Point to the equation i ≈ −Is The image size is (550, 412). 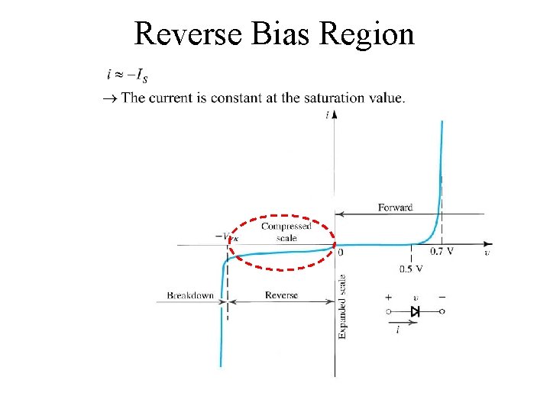[127, 75]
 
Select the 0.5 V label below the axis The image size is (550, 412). [411, 269]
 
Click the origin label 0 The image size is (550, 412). [340, 253]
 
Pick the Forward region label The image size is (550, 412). [395, 208]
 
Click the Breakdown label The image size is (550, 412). [190, 295]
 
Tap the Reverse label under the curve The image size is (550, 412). [281, 295]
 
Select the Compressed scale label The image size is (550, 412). [286, 232]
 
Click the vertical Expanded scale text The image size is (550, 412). [342, 307]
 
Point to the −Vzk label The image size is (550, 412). [227, 237]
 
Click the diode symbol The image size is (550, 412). [416, 311]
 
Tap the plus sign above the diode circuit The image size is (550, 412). [389, 297]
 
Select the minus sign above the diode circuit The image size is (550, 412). [442, 297]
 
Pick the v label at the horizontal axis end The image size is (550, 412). [487, 252]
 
